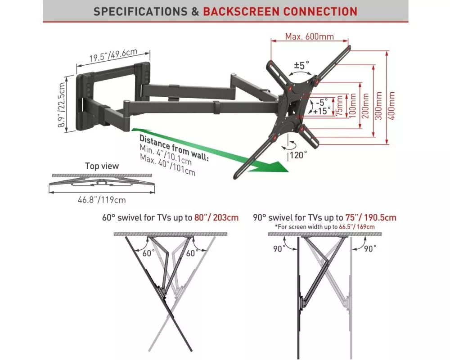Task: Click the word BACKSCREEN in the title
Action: (x=241, y=12)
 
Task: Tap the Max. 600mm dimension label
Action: (x=310, y=37)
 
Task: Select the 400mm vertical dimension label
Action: (x=392, y=106)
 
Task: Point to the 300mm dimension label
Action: (x=378, y=106)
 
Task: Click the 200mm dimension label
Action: (x=365, y=106)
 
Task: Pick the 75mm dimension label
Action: (x=340, y=106)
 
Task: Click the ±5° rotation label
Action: (x=301, y=65)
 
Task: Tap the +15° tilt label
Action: (x=321, y=111)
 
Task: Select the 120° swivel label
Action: (x=298, y=155)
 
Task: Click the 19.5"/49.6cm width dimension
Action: (x=113, y=55)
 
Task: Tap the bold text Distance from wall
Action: (x=174, y=148)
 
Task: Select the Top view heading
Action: (x=102, y=166)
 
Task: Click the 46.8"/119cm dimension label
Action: (x=102, y=200)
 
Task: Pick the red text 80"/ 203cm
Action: (x=216, y=217)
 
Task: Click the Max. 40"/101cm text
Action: (x=167, y=165)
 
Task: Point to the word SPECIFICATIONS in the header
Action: (x=140, y=12)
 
